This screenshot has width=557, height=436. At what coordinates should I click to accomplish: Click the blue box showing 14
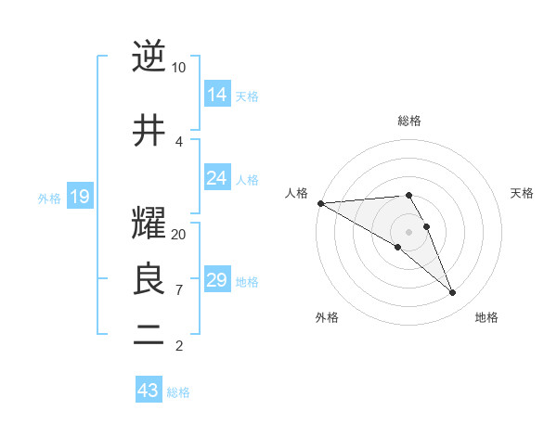click(217, 95)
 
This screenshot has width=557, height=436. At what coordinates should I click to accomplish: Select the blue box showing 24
click(217, 178)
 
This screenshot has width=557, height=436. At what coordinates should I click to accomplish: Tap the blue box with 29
click(217, 280)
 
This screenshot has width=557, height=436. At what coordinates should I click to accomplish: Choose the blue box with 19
click(79, 197)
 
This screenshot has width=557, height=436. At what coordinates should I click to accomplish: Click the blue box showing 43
click(149, 391)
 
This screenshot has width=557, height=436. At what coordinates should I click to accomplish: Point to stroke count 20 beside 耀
click(179, 235)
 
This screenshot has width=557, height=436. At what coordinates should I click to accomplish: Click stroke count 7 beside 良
click(179, 290)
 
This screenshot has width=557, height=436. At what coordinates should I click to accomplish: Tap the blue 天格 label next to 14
click(247, 96)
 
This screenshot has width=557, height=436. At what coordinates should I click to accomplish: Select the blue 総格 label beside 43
click(178, 392)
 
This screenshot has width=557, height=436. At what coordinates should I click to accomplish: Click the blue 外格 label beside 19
click(49, 198)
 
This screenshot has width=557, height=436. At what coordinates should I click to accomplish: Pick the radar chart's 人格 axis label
click(297, 193)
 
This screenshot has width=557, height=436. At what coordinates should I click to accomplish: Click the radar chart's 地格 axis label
click(486, 317)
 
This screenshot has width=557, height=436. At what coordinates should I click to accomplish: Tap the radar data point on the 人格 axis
click(320, 203)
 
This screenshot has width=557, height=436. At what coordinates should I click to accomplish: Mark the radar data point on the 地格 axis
click(453, 293)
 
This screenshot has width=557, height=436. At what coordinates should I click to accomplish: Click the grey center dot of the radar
click(408, 231)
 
